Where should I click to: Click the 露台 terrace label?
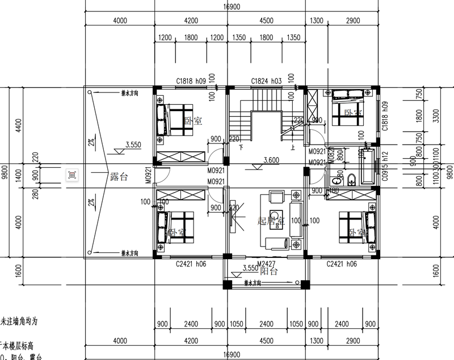click(119, 177)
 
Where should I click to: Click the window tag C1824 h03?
click(267, 82)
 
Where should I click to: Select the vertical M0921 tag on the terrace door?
click(148, 176)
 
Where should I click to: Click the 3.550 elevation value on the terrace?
click(134, 145)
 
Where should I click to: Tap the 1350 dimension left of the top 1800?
click(239, 38)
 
